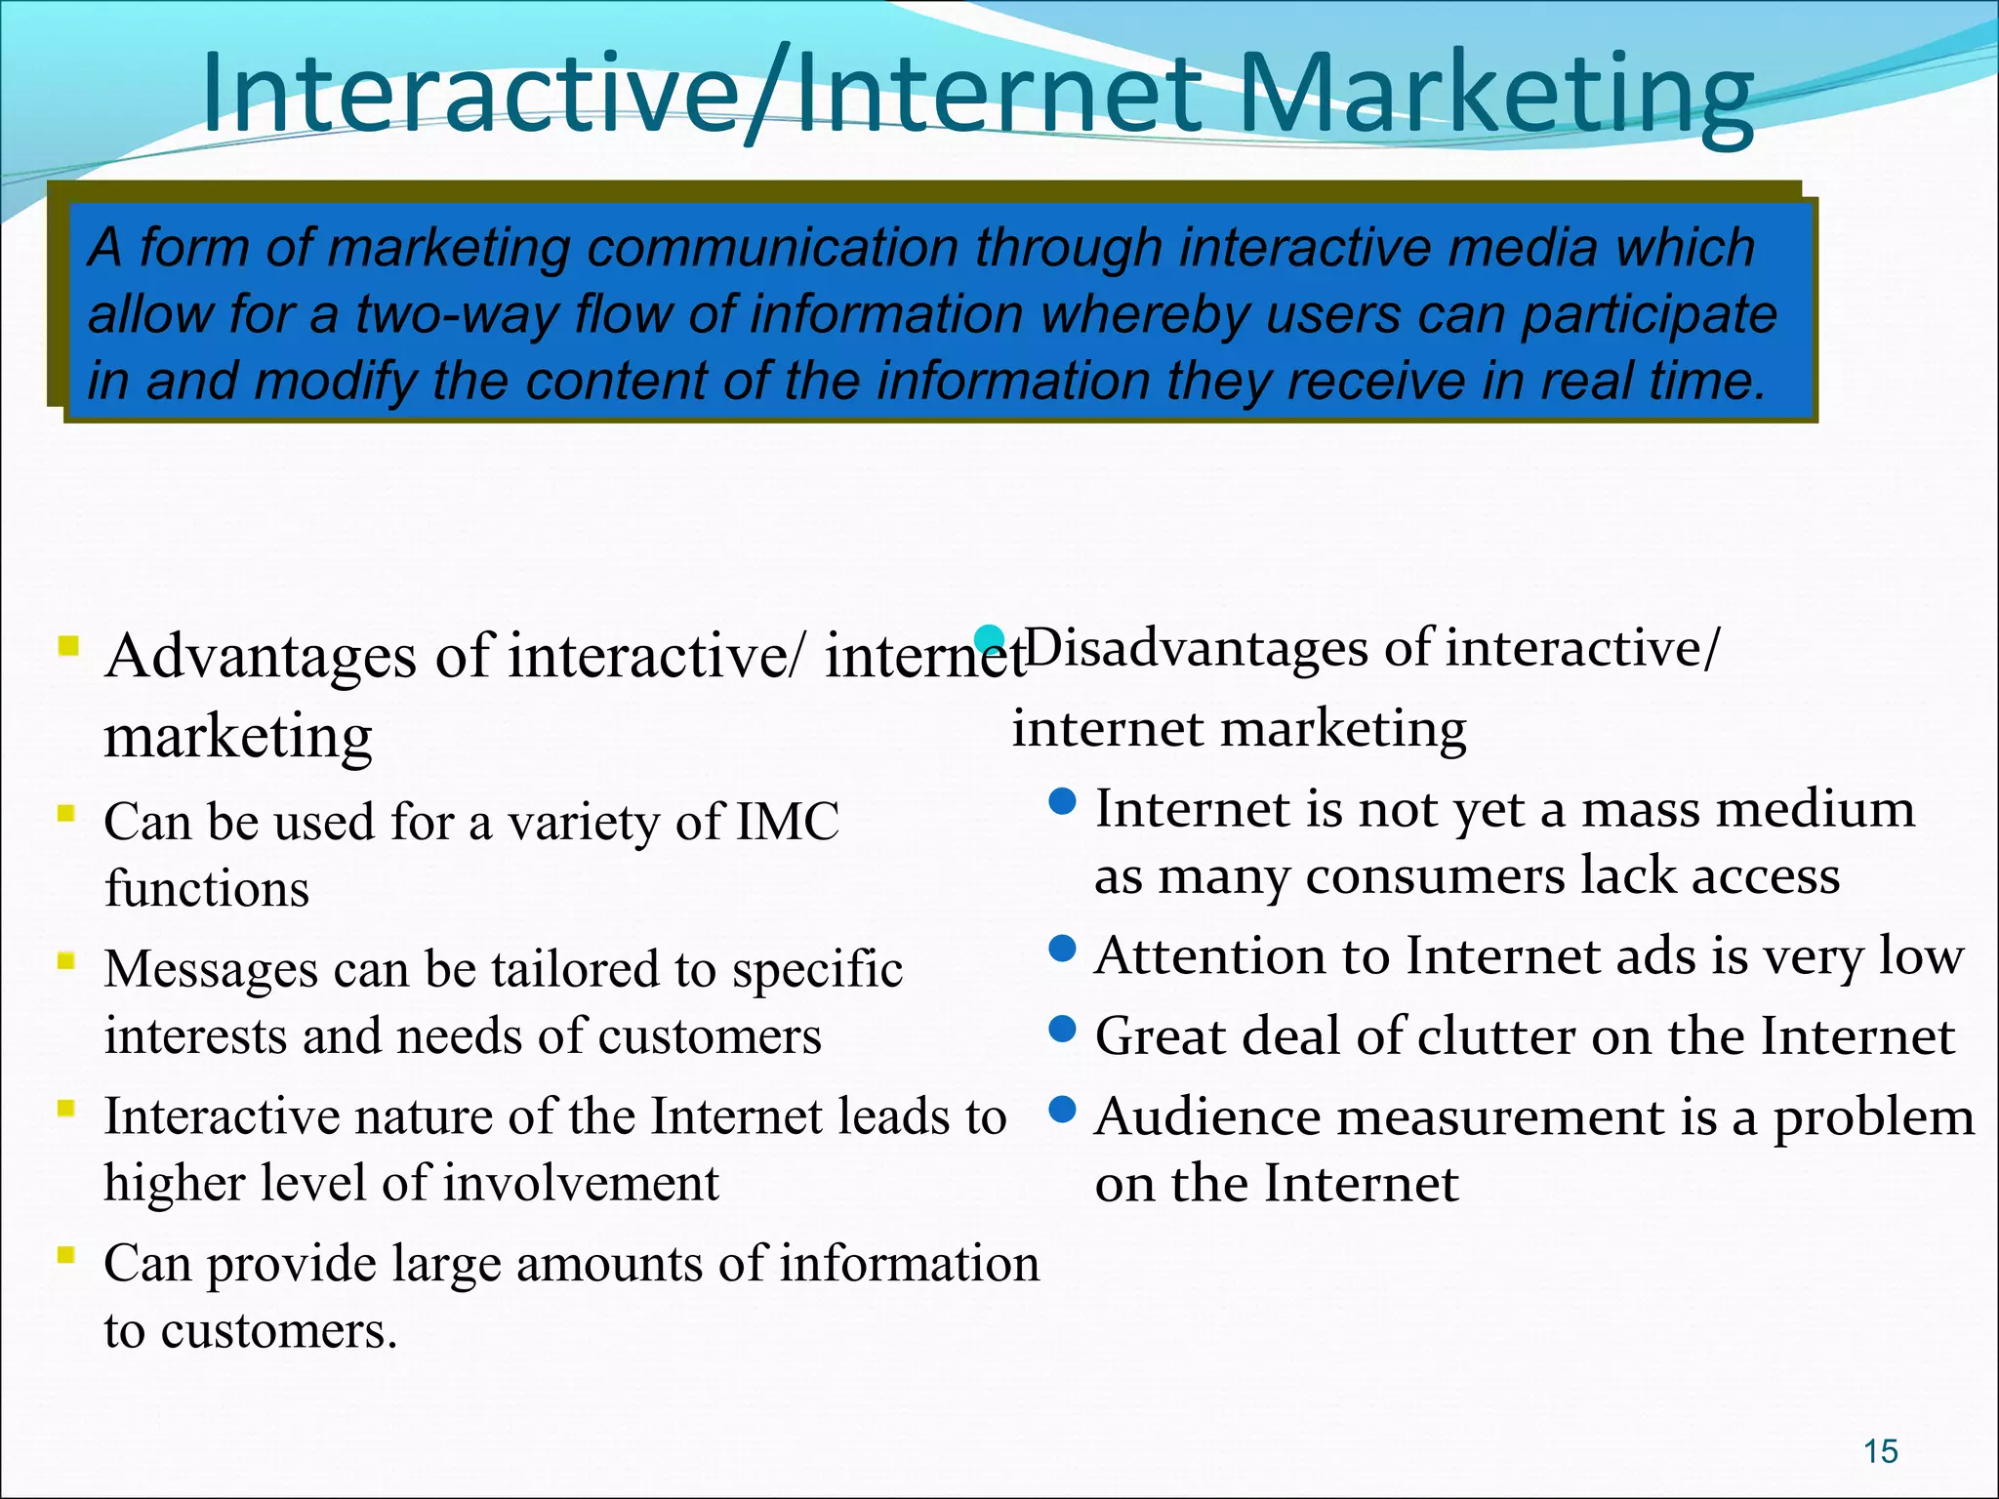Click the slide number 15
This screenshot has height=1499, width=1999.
(1880, 1451)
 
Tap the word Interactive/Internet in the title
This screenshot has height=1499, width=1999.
(702, 95)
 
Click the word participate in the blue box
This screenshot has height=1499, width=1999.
(1650, 314)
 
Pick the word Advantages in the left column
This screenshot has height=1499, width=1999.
(262, 656)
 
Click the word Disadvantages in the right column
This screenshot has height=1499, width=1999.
(1195, 648)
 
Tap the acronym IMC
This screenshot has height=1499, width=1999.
(788, 822)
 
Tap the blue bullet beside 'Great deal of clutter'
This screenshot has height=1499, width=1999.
(1062, 1029)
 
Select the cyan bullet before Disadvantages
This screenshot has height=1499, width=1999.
(990, 639)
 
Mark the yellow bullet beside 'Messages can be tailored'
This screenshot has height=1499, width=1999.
(66, 960)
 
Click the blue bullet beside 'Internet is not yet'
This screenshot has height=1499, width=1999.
(1062, 802)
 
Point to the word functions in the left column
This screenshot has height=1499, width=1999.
(207, 889)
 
